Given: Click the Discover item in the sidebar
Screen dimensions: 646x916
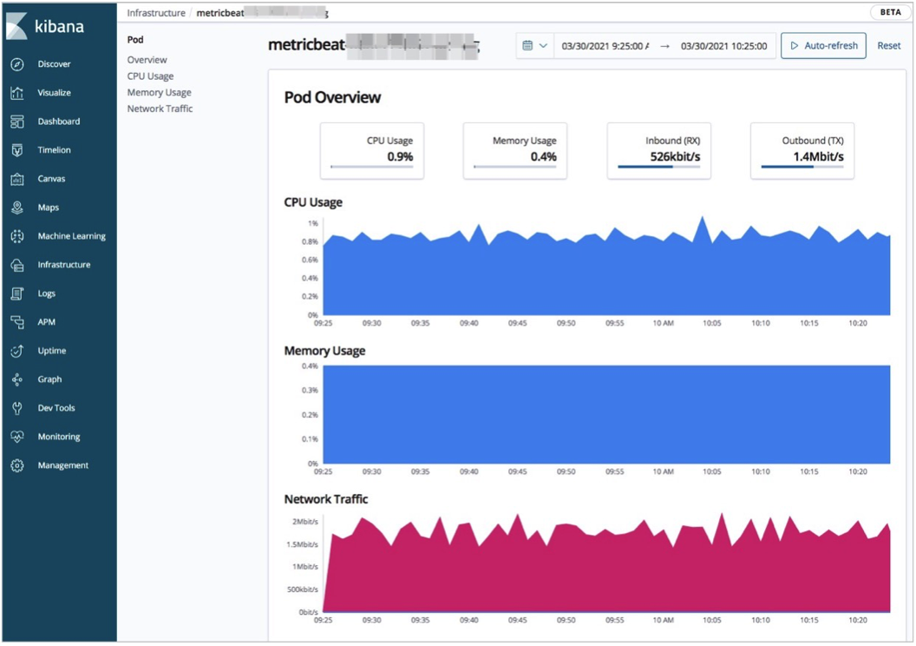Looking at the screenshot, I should pos(54,64).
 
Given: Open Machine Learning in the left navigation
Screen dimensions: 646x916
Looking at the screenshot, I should pos(71,236).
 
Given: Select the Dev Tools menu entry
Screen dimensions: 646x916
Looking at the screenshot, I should pos(56,408).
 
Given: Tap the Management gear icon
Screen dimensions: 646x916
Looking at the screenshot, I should pos(17,465).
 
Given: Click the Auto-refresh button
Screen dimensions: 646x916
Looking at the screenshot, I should pos(823,46).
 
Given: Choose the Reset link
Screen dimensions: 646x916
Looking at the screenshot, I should pos(888,46).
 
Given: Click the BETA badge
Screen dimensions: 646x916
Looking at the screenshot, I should pos(890,13).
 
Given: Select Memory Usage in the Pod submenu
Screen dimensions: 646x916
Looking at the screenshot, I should pos(160,92).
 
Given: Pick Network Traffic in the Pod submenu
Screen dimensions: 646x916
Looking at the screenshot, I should pos(160,109).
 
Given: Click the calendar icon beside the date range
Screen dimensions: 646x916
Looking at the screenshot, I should pos(527,46).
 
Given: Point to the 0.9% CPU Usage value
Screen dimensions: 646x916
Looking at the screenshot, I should pos(400,157).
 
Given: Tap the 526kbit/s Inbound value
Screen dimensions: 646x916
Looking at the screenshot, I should pos(675,157).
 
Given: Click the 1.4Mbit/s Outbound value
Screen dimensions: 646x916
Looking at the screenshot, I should pos(818,157).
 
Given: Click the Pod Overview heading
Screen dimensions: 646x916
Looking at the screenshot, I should pos(332,97).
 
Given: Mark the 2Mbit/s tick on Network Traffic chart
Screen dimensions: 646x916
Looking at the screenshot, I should pos(305,522).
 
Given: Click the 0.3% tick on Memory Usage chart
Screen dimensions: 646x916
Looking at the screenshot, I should pos(310,391).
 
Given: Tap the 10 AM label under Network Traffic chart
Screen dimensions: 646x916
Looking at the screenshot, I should pos(663,620).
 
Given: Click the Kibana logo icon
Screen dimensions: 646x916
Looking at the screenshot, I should pos(16,26).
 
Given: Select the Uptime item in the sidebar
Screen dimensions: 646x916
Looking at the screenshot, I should pos(52,351).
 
